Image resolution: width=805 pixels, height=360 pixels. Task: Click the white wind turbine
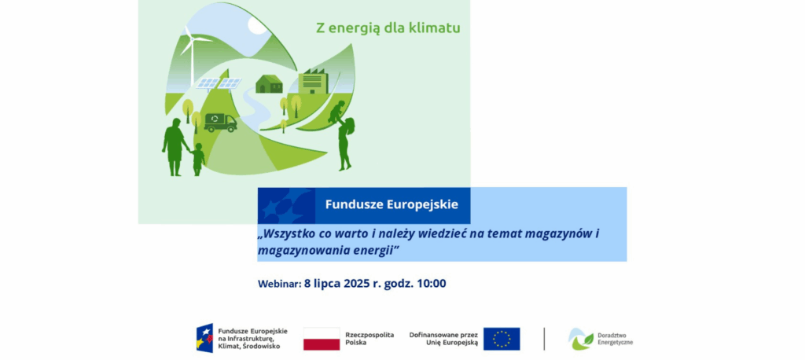(x=193, y=57)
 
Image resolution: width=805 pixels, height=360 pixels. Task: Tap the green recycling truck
(x=220, y=122)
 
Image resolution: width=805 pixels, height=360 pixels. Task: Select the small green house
(x=269, y=83)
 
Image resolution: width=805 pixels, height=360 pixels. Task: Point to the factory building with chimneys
(x=313, y=82)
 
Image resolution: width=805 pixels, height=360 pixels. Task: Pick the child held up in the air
(x=337, y=111)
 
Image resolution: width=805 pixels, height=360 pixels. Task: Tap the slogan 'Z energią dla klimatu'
(x=388, y=28)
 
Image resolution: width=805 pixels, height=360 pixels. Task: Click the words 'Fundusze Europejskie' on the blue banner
(x=391, y=204)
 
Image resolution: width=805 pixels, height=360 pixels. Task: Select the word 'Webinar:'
(x=279, y=284)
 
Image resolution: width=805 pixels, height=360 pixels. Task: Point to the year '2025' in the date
(x=357, y=284)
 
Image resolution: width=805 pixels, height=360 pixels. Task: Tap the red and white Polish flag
(x=322, y=339)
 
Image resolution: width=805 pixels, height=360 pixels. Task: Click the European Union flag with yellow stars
(x=502, y=339)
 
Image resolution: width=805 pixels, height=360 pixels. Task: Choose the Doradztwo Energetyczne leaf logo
(x=581, y=339)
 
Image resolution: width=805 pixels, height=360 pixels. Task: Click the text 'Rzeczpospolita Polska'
(x=369, y=339)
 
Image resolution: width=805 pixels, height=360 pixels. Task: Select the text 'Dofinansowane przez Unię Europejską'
(x=443, y=339)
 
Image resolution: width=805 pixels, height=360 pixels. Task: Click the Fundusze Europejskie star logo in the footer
(x=204, y=338)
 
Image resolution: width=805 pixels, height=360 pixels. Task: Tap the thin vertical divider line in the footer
(x=544, y=339)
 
